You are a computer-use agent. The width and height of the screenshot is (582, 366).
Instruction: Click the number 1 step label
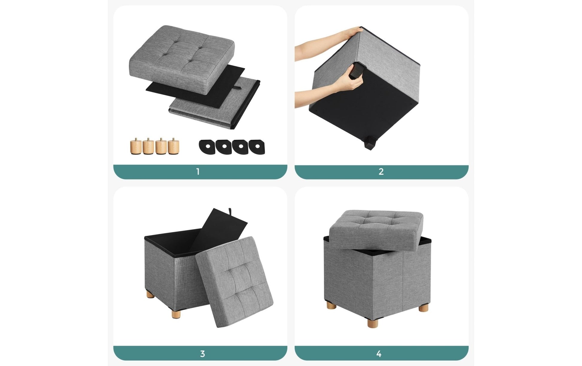(198, 172)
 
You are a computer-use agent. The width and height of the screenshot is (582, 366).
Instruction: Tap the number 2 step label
(381, 172)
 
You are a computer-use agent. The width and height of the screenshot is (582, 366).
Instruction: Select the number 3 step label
(202, 354)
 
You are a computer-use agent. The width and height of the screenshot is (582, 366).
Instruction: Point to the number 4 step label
(379, 354)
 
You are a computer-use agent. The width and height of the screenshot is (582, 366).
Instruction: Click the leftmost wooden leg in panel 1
(136, 146)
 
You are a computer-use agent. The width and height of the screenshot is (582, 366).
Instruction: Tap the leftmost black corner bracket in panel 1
(207, 147)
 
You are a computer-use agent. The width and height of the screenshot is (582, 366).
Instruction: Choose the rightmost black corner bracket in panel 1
(257, 147)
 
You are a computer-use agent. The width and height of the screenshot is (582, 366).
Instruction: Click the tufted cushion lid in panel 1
(182, 59)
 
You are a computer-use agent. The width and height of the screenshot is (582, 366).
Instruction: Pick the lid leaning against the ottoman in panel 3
(235, 282)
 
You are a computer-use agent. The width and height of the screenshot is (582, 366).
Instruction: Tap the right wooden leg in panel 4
(423, 308)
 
